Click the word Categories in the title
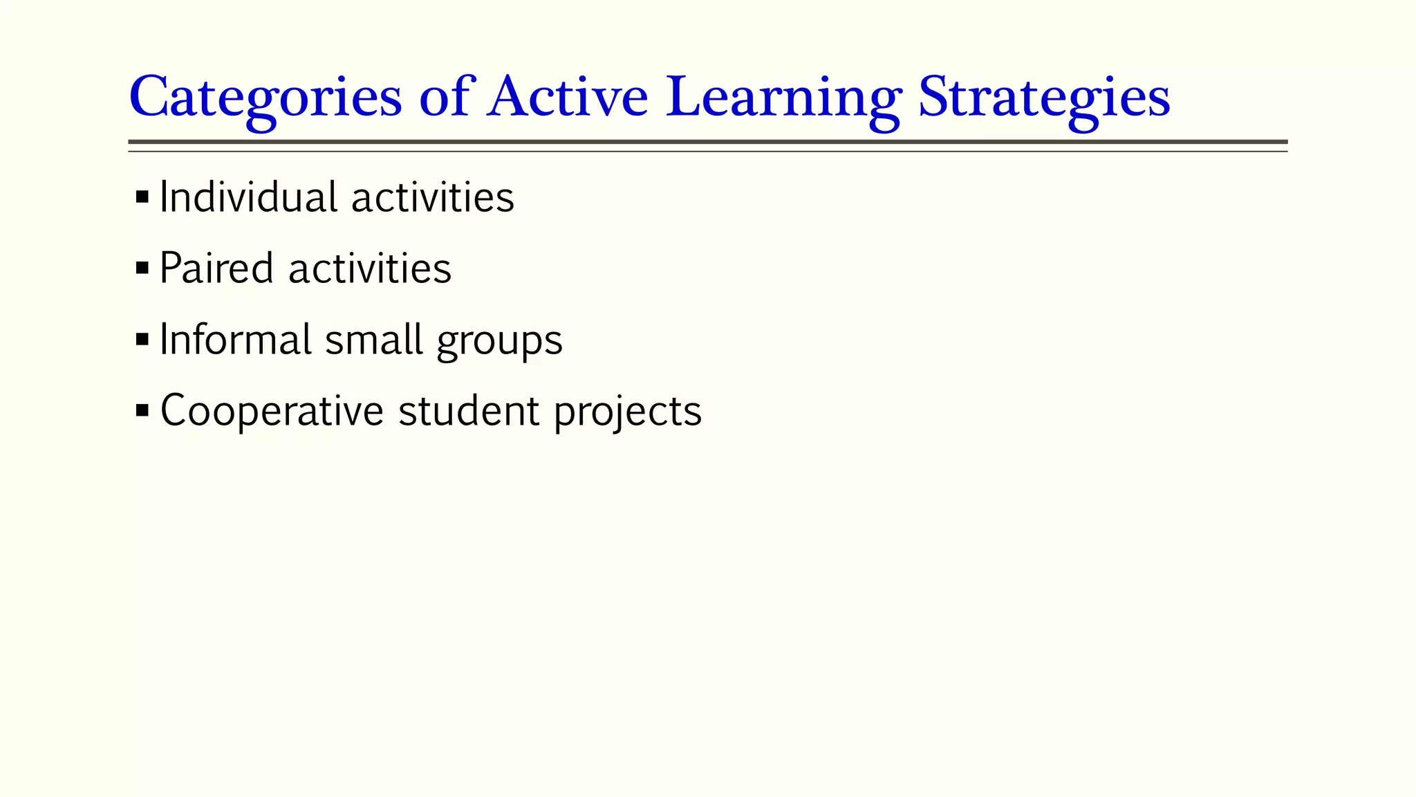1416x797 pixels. tap(265, 97)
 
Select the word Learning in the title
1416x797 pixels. tap(783, 97)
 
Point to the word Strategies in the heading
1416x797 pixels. tap(1044, 97)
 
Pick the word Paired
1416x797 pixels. tap(216, 268)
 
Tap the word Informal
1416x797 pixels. tap(235, 340)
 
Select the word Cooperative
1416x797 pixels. tap(272, 411)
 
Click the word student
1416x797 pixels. tap(469, 411)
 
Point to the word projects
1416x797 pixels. tap(628, 412)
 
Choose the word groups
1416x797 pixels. tap(499, 341)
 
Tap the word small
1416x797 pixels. tap(373, 340)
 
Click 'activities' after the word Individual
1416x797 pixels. tap(433, 197)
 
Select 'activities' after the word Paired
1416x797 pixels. tap(370, 268)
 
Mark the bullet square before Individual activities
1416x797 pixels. tap(142, 197)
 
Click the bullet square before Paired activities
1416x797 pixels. tap(142, 268)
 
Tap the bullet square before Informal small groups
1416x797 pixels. tap(142, 339)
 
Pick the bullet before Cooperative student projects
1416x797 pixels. tap(142, 410)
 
